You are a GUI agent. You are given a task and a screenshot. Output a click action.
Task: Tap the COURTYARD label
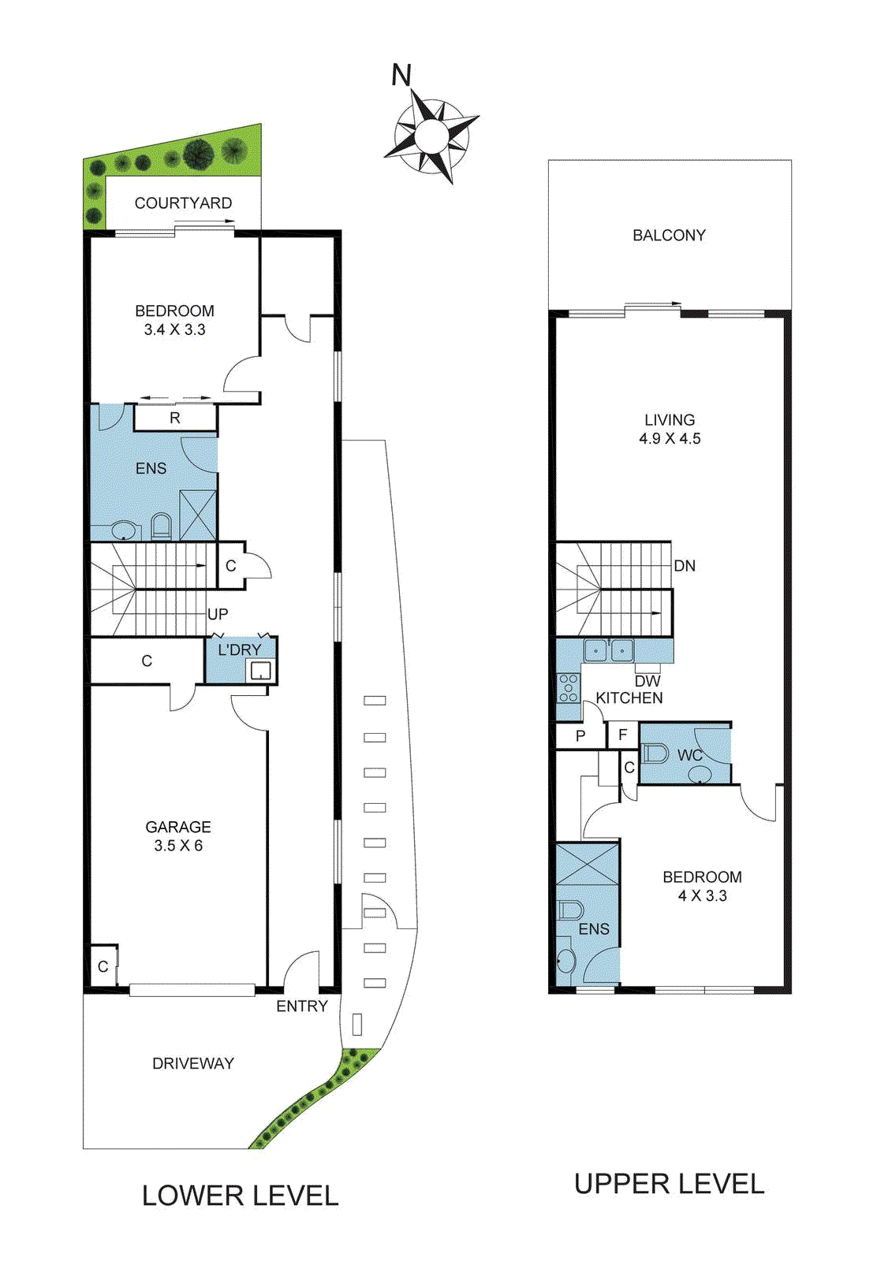coord(183,203)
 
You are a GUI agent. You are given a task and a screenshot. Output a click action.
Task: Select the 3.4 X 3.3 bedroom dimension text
coord(174,330)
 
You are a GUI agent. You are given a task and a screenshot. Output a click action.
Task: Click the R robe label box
coord(175,418)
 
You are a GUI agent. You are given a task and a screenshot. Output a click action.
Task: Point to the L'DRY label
coord(239,649)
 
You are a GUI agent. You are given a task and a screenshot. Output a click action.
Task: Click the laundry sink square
coord(260,671)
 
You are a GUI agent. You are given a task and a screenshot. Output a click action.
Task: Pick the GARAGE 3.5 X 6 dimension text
coord(178,846)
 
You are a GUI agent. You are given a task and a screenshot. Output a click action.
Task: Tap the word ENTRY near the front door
coord(301,1006)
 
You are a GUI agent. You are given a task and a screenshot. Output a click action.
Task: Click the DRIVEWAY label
coord(193,1063)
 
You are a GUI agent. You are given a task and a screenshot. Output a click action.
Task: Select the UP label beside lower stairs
coord(218,614)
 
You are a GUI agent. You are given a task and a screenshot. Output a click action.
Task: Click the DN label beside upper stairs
coord(685,566)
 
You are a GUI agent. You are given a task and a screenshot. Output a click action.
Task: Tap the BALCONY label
coord(669,235)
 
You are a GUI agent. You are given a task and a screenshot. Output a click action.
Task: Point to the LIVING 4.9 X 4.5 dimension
coord(670,438)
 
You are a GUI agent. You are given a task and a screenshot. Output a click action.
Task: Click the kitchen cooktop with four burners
coord(568,688)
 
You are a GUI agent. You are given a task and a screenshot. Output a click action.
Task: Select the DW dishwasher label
coord(648,681)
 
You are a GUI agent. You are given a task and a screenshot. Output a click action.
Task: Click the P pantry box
coord(580,736)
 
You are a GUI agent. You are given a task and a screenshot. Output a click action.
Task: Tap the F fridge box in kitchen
coord(622,735)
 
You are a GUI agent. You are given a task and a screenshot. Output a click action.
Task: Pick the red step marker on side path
coord(375,947)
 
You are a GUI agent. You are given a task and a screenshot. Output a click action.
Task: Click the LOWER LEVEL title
coord(240,1196)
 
